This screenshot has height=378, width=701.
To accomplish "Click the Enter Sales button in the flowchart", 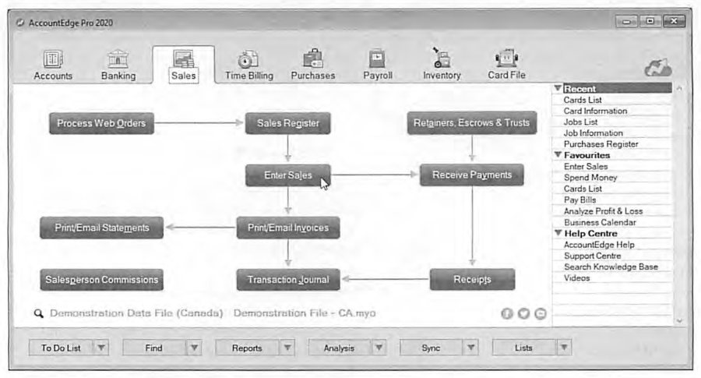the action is (288, 175).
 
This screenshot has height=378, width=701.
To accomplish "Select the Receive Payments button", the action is (472, 175).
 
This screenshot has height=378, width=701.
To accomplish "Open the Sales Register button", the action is (288, 123).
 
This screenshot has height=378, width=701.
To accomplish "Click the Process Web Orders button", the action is (101, 123).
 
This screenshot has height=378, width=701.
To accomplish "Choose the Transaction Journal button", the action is (288, 280).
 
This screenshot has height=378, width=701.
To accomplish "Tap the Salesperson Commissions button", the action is (101, 280).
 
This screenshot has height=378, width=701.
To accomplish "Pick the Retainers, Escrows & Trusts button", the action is (472, 122).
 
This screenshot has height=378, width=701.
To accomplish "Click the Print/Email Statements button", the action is (101, 228).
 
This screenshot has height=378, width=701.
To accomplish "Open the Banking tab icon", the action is (118, 59).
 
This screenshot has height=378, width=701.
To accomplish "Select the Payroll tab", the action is (378, 65).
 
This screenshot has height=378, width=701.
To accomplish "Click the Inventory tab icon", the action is (442, 58).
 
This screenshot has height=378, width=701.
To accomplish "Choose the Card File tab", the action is (506, 65).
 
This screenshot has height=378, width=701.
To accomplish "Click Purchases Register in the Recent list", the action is (601, 144).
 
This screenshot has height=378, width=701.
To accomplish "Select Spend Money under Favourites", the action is (590, 178).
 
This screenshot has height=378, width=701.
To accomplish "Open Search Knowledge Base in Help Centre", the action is (611, 267).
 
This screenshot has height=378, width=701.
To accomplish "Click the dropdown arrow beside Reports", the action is (287, 348).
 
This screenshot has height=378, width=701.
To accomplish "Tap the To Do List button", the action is (61, 348).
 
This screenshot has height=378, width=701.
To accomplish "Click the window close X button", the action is (675, 21).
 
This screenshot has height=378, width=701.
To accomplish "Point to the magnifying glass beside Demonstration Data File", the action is (39, 313).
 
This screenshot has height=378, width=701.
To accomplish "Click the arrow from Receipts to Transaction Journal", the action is (386, 279).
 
